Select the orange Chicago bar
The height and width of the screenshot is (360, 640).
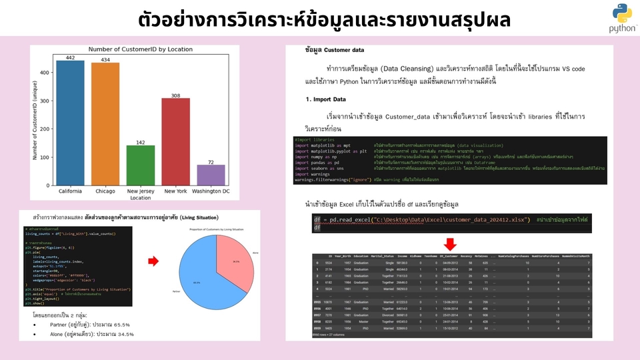point(105,123)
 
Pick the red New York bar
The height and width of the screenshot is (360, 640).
point(175,141)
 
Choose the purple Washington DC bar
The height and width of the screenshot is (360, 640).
point(211,175)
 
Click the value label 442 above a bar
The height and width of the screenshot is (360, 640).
point(71,58)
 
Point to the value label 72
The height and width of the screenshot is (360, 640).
point(211,162)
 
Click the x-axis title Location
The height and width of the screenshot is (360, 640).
point(141,198)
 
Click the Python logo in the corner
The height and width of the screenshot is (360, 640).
point(622,19)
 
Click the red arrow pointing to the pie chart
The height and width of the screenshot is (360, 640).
point(153,262)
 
